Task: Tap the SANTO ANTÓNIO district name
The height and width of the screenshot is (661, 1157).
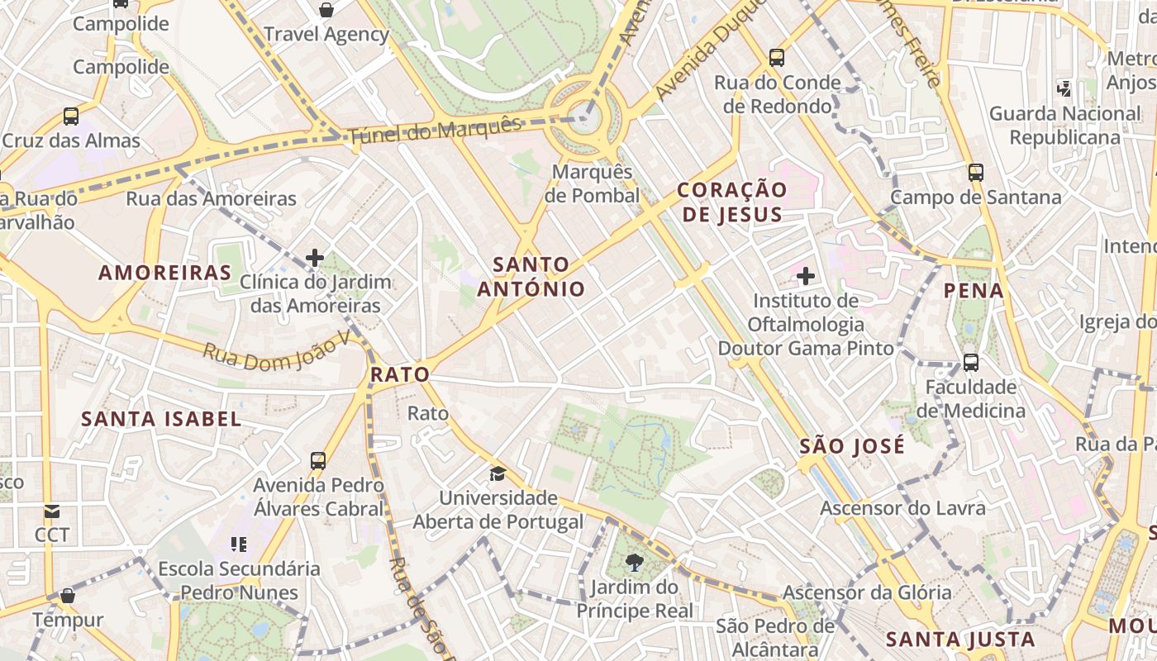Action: (x=532, y=277)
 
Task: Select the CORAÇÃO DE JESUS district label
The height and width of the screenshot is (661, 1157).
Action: (x=731, y=202)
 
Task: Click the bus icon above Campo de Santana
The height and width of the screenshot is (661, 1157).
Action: (x=976, y=173)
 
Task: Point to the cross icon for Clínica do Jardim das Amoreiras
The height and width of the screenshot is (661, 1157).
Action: (x=314, y=258)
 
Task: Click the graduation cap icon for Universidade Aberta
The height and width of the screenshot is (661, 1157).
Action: (x=498, y=473)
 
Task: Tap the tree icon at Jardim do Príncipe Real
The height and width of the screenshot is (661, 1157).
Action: (x=635, y=563)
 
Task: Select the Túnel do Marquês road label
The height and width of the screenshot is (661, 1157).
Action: (x=435, y=131)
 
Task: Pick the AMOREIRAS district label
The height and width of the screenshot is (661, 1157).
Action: (x=165, y=273)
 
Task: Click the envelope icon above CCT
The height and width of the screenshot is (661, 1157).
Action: (x=52, y=511)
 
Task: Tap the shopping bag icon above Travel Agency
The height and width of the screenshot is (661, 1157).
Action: (x=326, y=10)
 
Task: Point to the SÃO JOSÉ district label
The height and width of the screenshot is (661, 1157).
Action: (x=852, y=447)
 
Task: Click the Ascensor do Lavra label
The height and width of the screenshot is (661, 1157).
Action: (x=902, y=507)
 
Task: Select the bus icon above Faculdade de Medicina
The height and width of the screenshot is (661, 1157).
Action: (x=971, y=363)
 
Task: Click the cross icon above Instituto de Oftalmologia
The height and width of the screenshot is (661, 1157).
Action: (x=805, y=275)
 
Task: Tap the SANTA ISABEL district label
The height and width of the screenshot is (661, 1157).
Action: (x=161, y=419)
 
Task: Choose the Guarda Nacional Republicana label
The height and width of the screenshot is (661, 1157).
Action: (x=1064, y=125)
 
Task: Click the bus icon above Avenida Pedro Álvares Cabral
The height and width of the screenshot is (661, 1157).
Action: (x=318, y=461)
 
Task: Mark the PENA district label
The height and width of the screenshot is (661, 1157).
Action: (x=974, y=291)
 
